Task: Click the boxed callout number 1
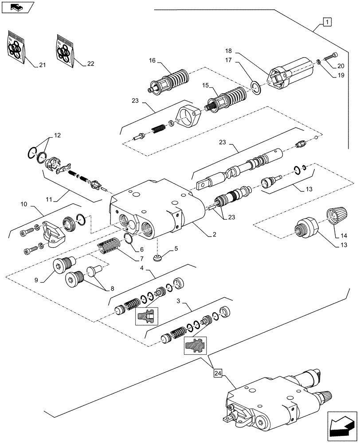click(x=326, y=21)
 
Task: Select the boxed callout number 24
click(x=217, y=373)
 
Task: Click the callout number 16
click(x=153, y=61)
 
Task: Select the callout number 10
click(x=23, y=205)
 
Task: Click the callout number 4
click(x=141, y=268)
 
